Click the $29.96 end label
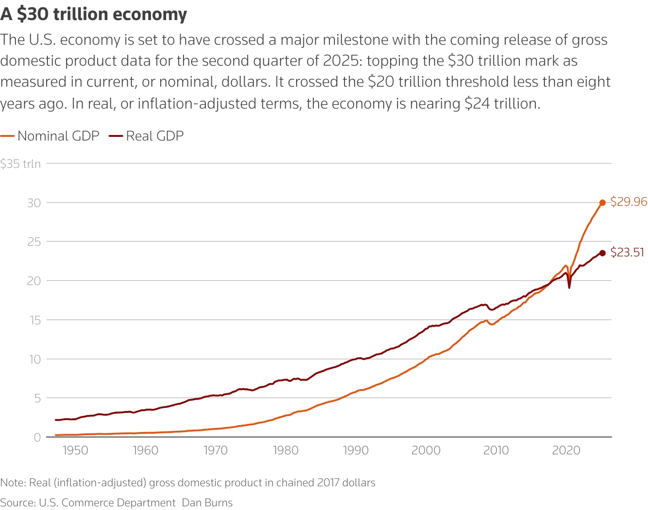[x=628, y=202]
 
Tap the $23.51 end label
[x=627, y=252]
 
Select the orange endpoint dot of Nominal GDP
[x=602, y=203]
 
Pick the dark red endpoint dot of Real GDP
[x=602, y=253]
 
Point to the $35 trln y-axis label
[x=21, y=164]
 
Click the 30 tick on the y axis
[x=34, y=203]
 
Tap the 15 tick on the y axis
[x=34, y=320]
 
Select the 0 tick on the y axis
[x=37, y=437]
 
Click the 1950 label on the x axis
[x=75, y=451]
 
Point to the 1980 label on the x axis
[x=286, y=451]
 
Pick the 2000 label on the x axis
[x=426, y=451]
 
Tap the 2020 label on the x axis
[x=566, y=451]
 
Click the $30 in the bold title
[x=33, y=15]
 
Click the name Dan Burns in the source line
[x=207, y=503]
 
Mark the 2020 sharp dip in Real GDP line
[x=569, y=287]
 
